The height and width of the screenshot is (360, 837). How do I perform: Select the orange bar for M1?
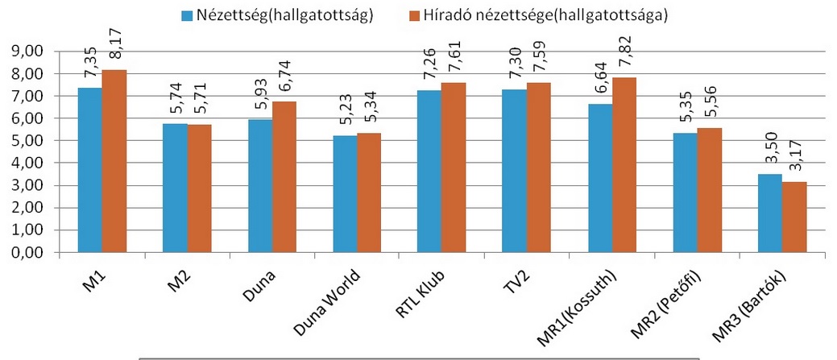pos(114,161)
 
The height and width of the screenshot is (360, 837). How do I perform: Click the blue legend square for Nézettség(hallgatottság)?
pos(188,14)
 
